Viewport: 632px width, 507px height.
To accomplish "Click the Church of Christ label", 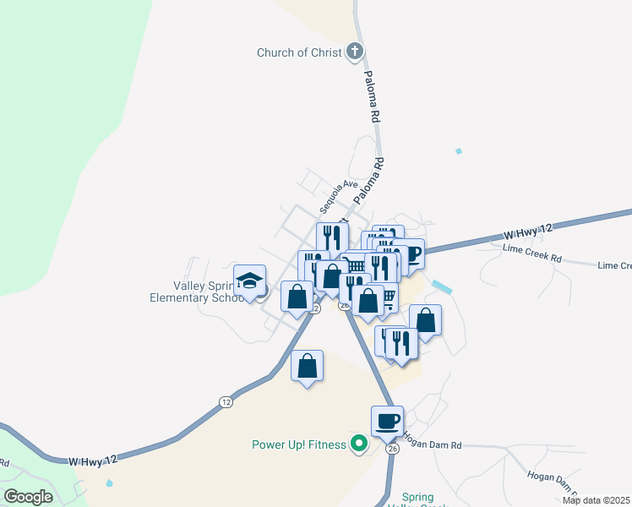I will click(299, 52).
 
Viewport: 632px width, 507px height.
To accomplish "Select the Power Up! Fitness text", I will click(299, 444).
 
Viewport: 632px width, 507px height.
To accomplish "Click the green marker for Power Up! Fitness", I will click(359, 444).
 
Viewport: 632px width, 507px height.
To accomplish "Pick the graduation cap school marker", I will click(250, 280).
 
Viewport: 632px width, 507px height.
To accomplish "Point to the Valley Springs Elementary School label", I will click(196, 292).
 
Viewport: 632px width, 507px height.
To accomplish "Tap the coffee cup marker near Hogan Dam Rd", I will click(387, 421).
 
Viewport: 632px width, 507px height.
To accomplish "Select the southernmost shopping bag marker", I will click(308, 367).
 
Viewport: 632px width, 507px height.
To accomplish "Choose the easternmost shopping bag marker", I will click(425, 319).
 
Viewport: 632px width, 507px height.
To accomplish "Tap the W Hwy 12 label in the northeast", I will click(527, 232).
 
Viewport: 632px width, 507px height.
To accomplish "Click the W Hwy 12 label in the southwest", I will click(91, 461).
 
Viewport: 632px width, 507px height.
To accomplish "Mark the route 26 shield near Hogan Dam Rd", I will click(392, 449).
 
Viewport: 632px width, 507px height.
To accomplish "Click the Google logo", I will click(29, 496).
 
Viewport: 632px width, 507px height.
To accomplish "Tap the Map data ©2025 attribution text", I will click(597, 500).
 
